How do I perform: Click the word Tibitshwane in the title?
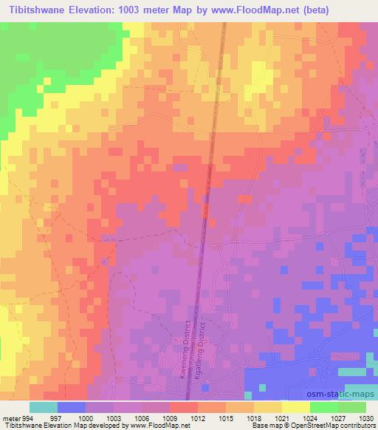click(x=38, y=10)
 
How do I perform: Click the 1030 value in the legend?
click(x=365, y=417)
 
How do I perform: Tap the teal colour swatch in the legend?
click(x=44, y=407)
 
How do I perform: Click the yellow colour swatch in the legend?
click(x=296, y=407)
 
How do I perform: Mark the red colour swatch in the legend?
click(x=184, y=407)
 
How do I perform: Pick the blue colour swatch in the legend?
click(x=72, y=407)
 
